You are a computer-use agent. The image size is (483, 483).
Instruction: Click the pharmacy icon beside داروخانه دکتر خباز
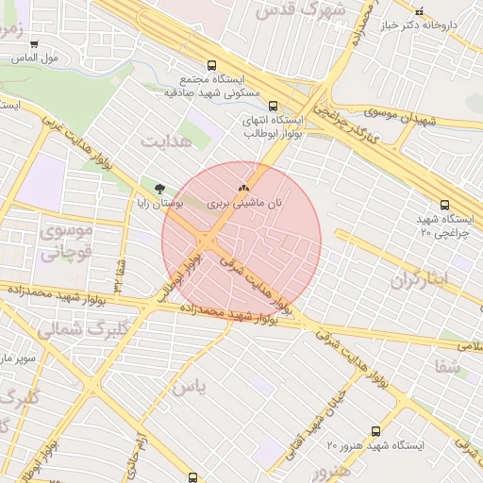pos(420,10)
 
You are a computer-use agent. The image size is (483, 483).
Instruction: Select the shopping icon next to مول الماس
pos(34,43)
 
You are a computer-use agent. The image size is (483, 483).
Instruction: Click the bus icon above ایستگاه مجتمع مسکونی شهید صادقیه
pos(211,66)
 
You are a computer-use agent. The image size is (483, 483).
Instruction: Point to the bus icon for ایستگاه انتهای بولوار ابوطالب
pos(273,106)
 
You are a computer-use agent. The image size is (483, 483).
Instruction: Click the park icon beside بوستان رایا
pos(158,189)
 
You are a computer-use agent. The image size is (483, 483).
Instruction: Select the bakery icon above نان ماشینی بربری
pos(244,189)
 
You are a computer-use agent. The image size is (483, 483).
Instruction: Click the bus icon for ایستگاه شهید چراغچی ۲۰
pos(444,204)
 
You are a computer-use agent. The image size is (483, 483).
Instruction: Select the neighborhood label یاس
pos(189,387)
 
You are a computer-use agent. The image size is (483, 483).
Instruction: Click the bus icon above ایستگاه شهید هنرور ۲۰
pos(376,430)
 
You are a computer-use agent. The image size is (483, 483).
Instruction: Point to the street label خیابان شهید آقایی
pos(297,421)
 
